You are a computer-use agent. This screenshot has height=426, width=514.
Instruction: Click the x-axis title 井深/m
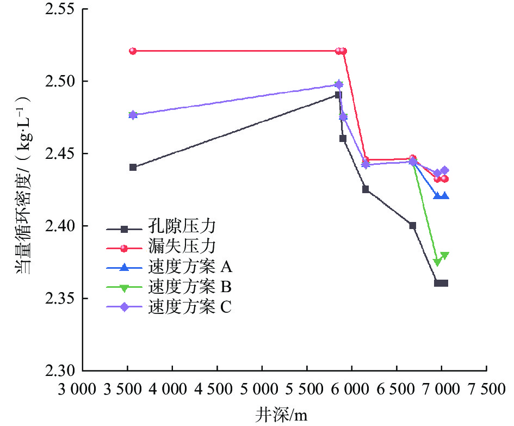pyautogui.click(x=281, y=415)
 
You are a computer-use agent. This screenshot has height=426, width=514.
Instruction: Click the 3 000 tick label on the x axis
pyautogui.click(x=83, y=390)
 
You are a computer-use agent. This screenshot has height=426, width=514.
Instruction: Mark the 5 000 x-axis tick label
pyautogui.click(x=262, y=390)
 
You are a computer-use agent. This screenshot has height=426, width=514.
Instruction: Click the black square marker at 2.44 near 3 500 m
pyautogui.click(x=133, y=167)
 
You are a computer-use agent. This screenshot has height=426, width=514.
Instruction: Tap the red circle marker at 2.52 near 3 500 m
pyautogui.click(x=133, y=51)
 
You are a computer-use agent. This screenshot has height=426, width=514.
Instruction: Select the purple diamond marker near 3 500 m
pyautogui.click(x=133, y=115)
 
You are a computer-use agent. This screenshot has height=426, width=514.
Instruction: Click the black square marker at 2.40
pyautogui.click(x=413, y=225)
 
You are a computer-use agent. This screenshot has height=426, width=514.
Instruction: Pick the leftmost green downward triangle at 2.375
pyautogui.click(x=437, y=262)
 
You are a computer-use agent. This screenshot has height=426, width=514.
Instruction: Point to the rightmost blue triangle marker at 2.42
pyautogui.click(x=445, y=196)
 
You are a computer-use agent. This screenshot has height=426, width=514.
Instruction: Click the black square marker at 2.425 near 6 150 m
pyautogui.click(x=366, y=189)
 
